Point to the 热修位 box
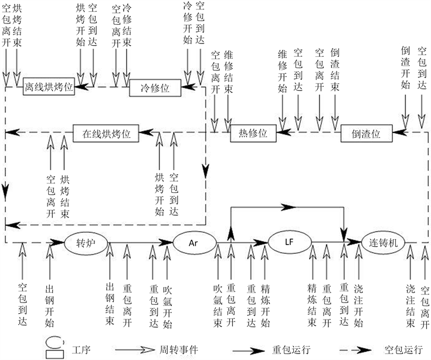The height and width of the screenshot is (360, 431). [253, 134]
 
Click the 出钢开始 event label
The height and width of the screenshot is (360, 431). [50, 305]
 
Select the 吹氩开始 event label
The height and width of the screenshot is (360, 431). [168, 305]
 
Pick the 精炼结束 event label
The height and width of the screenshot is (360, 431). [312, 305]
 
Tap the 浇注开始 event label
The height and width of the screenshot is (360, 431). [358, 305]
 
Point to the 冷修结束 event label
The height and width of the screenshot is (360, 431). [127, 26]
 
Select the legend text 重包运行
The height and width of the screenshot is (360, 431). [300, 350]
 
